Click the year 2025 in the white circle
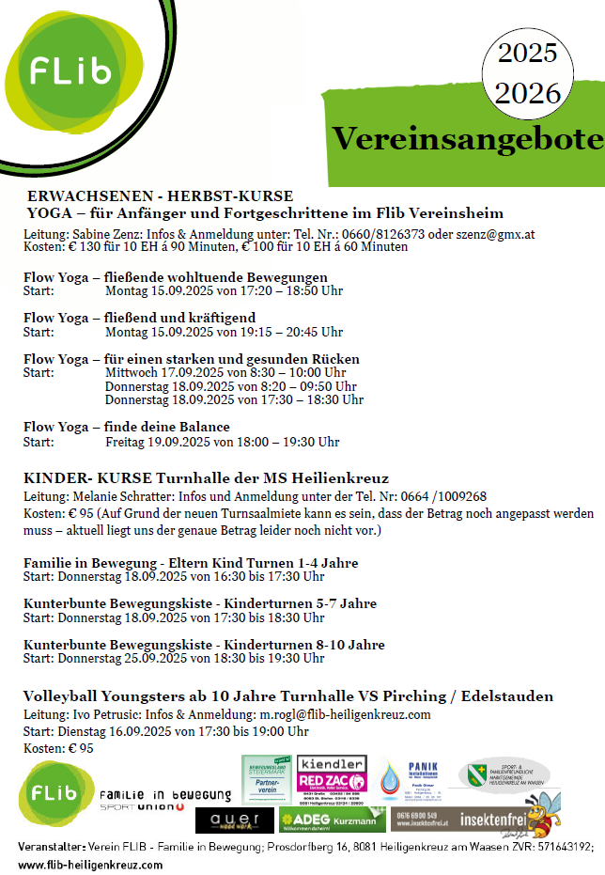[527, 54]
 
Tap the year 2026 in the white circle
[527, 93]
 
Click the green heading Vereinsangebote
[467, 140]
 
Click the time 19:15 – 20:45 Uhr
[286, 332]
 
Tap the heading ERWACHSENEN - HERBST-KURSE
[160, 196]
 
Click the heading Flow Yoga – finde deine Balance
[127, 427]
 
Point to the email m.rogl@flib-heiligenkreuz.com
[345, 714]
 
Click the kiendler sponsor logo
[332, 763]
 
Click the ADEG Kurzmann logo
[334, 819]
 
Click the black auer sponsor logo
[235, 820]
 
